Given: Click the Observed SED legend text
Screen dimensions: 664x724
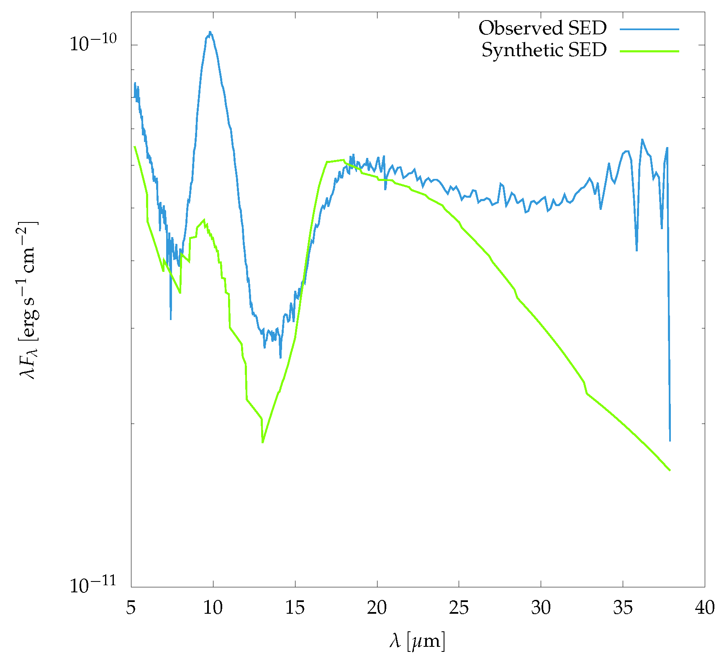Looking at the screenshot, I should (x=542, y=28).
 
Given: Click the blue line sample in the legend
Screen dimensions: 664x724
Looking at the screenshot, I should (x=649, y=29).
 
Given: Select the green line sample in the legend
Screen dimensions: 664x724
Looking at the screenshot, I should (x=649, y=51).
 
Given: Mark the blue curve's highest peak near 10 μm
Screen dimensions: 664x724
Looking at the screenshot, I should (x=210, y=32).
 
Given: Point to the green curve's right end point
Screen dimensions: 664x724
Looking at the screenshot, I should (x=670, y=470).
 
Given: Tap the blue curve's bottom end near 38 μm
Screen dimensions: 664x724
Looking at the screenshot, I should (x=670, y=441).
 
